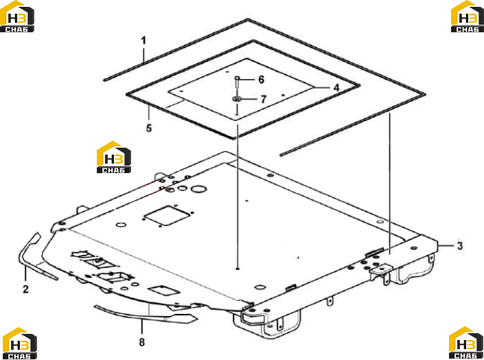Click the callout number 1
[x=143, y=41]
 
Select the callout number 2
[x=26, y=289]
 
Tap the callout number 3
[x=460, y=246]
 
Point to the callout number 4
[x=336, y=88]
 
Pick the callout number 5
[x=149, y=128]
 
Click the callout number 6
[x=261, y=80]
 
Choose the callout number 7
[x=263, y=99]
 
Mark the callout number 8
[x=141, y=342]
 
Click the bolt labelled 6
[x=237, y=82]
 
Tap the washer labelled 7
[x=237, y=99]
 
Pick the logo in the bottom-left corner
[x=19, y=343]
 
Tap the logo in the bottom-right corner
[x=465, y=343]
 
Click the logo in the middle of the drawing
[x=114, y=157]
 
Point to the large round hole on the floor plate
[x=199, y=188]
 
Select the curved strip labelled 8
[x=145, y=315]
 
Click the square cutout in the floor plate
[x=168, y=216]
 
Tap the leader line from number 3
[x=446, y=246]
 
